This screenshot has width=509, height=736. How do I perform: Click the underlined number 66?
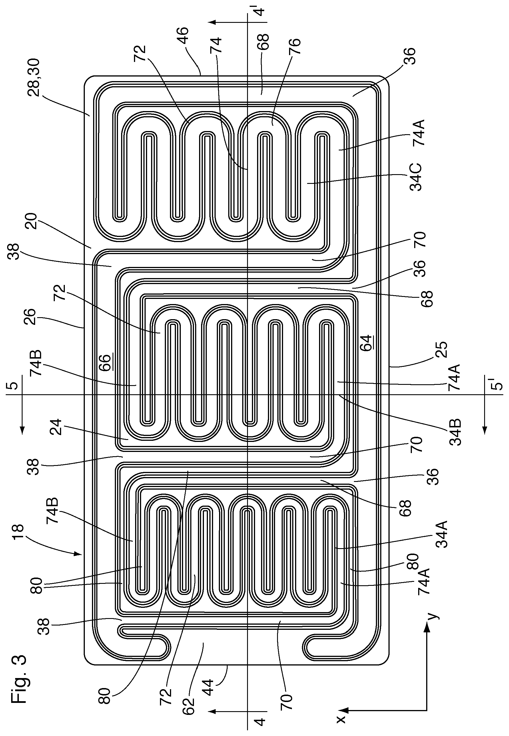point(106,362)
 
